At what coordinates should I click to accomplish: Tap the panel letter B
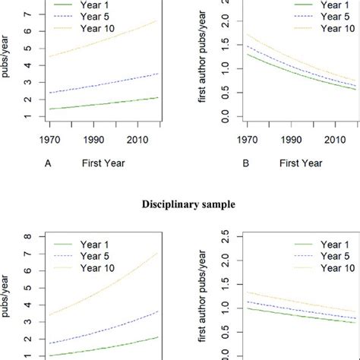click(x=226, y=162)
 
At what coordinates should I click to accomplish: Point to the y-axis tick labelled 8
click(x=28, y=236)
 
